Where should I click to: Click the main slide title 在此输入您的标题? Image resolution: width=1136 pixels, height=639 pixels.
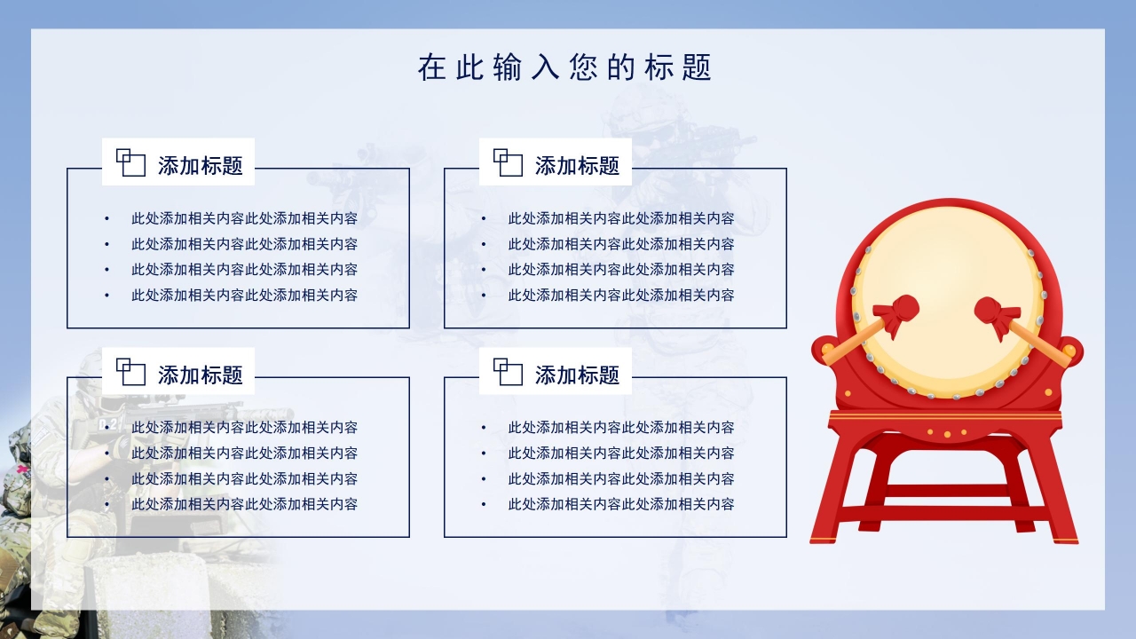565,67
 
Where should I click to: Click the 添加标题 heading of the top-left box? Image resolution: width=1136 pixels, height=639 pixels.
201,166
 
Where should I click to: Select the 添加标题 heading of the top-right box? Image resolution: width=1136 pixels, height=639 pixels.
577,166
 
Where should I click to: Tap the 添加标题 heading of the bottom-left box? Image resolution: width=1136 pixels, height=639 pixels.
201,375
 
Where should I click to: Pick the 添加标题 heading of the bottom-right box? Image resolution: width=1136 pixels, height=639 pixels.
577,375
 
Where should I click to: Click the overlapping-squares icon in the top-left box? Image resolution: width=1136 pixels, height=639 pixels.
130,162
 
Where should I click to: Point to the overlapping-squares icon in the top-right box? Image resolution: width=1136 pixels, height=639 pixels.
508,162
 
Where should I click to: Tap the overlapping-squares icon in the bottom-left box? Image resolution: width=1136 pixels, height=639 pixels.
130,372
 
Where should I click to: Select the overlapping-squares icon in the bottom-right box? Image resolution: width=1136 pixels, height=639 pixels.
508,372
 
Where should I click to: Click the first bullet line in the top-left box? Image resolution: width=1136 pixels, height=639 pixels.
244,218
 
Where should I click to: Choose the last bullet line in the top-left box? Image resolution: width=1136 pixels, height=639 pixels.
244,296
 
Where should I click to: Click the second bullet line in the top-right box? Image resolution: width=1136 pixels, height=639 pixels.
621,244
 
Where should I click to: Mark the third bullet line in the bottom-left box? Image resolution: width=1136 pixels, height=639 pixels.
244,479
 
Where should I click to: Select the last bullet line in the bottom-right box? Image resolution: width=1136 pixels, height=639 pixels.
621,505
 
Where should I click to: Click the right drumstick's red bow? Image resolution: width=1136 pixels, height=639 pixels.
997,313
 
